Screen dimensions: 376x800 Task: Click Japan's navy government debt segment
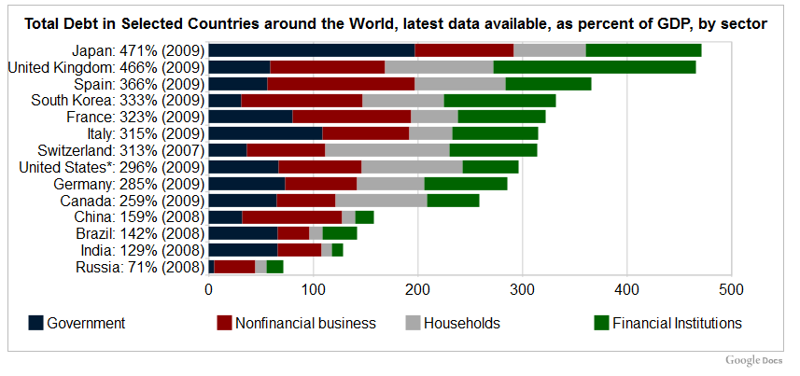pyautogui.click(x=311, y=50)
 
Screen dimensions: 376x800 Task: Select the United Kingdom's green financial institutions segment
pyautogui.click(x=594, y=67)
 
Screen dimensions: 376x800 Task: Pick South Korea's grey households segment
pyautogui.click(x=402, y=101)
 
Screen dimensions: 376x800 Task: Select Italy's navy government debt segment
pyautogui.click(x=265, y=133)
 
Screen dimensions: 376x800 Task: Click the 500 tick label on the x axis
pyautogui.click(x=731, y=289)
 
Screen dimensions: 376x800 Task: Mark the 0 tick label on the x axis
pyautogui.click(x=209, y=289)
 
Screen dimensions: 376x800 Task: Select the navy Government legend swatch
pyautogui.click(x=35, y=324)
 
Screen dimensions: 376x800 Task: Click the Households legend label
pyautogui.click(x=462, y=324)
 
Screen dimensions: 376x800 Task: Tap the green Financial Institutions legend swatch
pyautogui.click(x=601, y=324)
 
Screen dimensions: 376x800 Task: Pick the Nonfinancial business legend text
pyautogui.click(x=305, y=324)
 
